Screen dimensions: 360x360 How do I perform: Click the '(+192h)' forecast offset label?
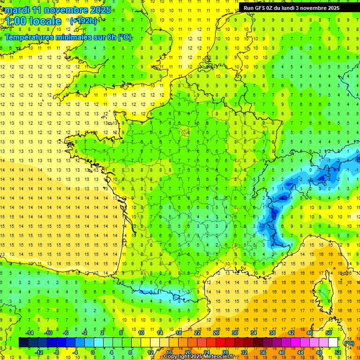pyautogui.click(x=83, y=21)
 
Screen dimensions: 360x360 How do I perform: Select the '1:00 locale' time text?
pyautogui.click(x=34, y=21)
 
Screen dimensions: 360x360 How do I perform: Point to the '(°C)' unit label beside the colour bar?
pyautogui.click(x=349, y=343)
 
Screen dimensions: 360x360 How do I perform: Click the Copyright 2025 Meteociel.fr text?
pyautogui.click(x=199, y=357)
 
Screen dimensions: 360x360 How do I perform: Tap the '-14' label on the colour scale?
pyautogui.click(x=29, y=332)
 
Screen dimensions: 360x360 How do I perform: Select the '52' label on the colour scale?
pyautogui.click(x=338, y=352)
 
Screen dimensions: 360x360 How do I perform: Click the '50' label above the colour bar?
pyautogui.click(x=329, y=332)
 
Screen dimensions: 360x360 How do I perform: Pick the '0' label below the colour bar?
pyautogui.click(x=93, y=352)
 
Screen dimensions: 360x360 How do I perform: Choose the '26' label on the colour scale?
pyautogui.click(x=216, y=332)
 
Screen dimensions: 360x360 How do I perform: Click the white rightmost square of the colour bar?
pyautogui.click(x=333, y=342)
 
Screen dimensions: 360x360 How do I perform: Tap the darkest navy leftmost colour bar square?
pyautogui.click(x=23, y=342)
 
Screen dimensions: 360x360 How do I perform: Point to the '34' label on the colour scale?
pyautogui.click(x=254, y=332)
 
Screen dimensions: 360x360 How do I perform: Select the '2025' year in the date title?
pyautogui.click(x=100, y=10)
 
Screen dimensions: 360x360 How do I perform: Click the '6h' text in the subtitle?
pyautogui.click(x=111, y=37)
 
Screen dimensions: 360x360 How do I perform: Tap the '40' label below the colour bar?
pyautogui.click(x=282, y=352)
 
